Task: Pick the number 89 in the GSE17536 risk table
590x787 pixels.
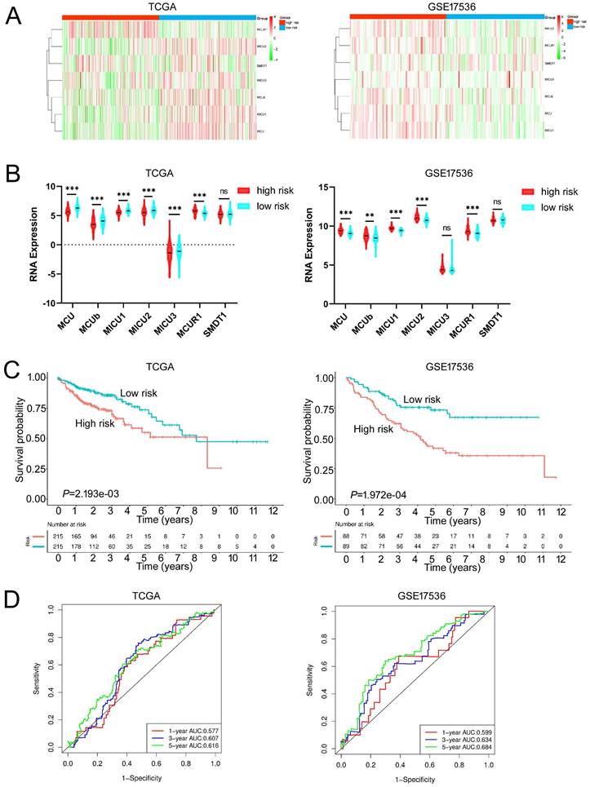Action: click(347, 542)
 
